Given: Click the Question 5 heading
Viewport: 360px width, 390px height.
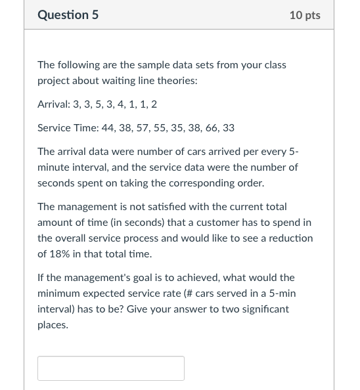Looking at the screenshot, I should pyautogui.click(x=68, y=14).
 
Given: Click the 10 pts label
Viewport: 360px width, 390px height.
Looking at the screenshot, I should pyautogui.click(x=304, y=15).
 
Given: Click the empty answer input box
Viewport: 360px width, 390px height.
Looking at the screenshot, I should pyautogui.click(x=110, y=368).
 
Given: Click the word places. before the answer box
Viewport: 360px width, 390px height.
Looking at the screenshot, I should pyautogui.click(x=53, y=325).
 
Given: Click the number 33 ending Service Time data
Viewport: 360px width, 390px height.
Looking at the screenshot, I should pyautogui.click(x=228, y=128).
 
